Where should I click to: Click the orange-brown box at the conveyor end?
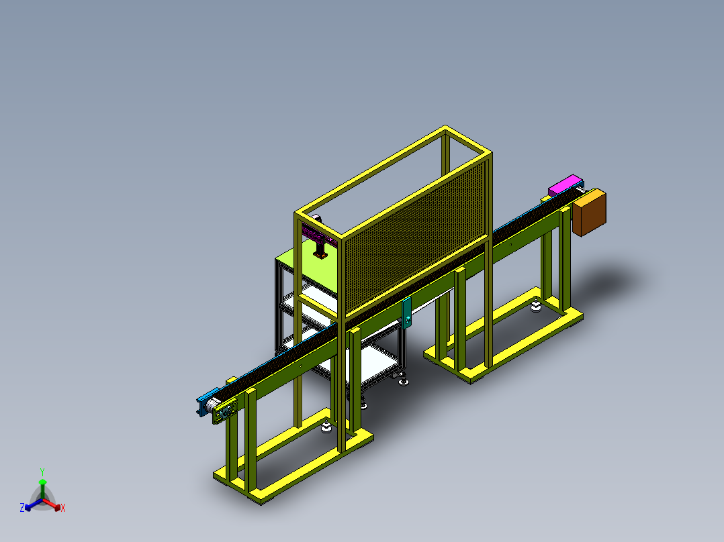[x=589, y=212]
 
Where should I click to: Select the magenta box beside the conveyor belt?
[x=563, y=184]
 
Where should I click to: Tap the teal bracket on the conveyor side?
[x=406, y=313]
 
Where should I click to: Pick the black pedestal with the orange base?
[x=320, y=249]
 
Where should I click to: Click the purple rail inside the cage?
[x=318, y=236]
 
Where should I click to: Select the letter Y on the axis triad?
[x=42, y=472]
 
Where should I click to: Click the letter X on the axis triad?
[x=63, y=508]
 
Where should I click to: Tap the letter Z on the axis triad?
[x=22, y=508]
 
